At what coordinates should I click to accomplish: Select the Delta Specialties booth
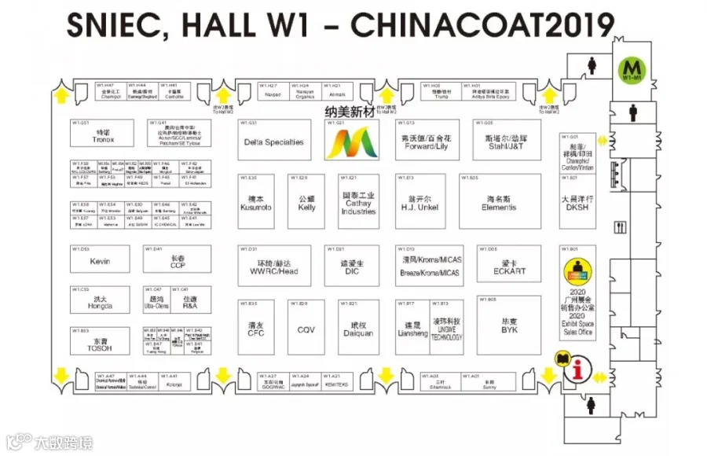tap(273, 142)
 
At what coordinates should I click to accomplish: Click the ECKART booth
tap(508, 266)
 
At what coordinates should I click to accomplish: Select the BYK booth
tap(509, 324)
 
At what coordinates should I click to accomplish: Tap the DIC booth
tap(352, 266)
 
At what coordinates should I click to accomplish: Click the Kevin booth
tap(100, 260)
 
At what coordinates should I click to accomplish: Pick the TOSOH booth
tap(100, 344)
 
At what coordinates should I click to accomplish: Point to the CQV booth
tap(306, 329)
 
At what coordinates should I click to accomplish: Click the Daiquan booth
tap(353, 329)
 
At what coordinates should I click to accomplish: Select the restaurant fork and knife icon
tap(621, 228)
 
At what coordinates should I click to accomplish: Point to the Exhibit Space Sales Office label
tap(580, 329)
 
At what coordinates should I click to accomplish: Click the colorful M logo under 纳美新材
tap(350, 141)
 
